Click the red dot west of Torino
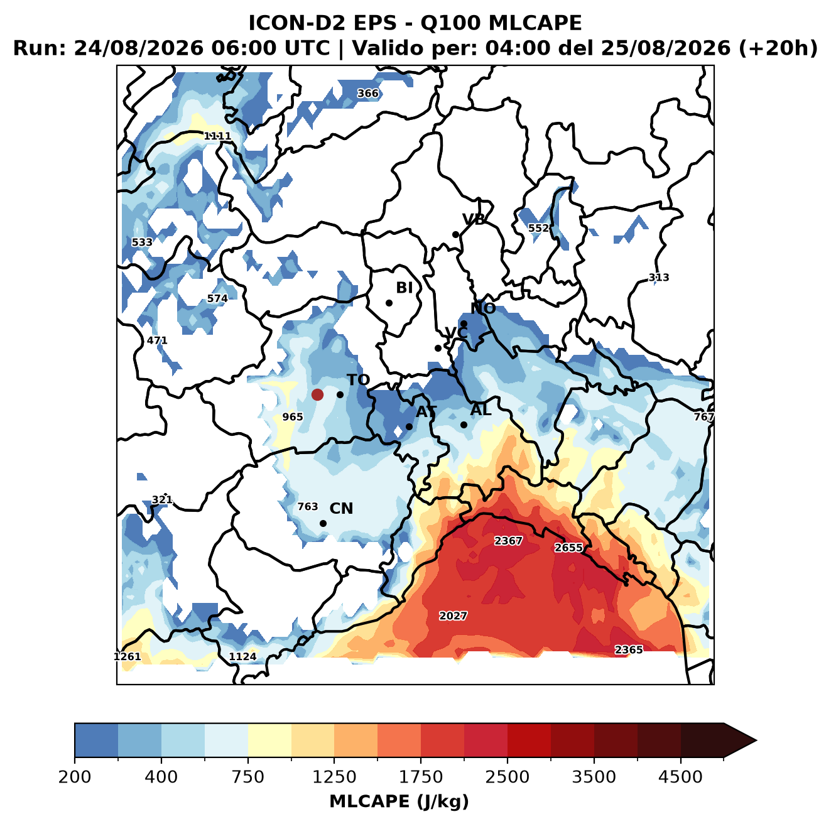[317, 394]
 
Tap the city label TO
[359, 380]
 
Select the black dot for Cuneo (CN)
[323, 523]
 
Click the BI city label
[404, 288]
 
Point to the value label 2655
[568, 548]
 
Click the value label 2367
[508, 541]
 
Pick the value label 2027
[453, 615]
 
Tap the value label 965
[292, 417]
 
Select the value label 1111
[217, 136]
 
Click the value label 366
[368, 94]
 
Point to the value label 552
[539, 228]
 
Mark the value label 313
[659, 278]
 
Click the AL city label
[481, 409]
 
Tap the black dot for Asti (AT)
[409, 426]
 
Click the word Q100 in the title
[450, 23]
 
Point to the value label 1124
[242, 657]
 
